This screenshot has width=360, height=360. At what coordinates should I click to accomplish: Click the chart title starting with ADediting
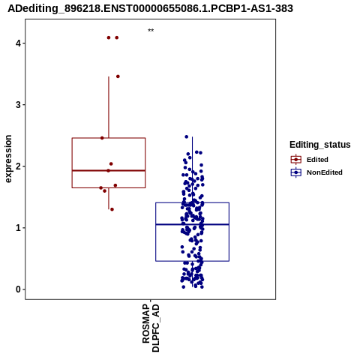point(150,9)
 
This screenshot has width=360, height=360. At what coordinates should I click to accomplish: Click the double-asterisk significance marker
point(151,31)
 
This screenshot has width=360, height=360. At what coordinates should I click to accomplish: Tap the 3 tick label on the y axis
point(18,105)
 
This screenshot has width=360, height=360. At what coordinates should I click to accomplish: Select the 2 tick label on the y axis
point(18,166)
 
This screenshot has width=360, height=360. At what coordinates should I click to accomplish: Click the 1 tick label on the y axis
point(18,228)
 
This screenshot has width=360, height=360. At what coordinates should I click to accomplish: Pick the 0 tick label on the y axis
point(18,289)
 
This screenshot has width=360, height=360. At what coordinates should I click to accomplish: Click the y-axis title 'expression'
point(8,159)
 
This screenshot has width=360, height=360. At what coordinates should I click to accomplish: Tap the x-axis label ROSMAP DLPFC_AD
point(151,328)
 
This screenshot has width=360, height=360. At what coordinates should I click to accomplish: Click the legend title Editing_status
point(320,145)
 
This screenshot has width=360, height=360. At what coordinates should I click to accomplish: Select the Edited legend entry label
point(317,160)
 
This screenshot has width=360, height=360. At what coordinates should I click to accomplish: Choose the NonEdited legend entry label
point(325,172)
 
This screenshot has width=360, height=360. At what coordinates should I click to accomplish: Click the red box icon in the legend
point(296,160)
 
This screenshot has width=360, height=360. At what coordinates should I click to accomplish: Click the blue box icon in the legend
point(296,172)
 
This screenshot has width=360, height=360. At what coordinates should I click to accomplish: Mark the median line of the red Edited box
point(109,170)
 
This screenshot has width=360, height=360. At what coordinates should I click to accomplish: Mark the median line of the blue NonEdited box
point(192,224)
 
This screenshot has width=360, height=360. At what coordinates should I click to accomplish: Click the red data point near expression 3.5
point(118,76)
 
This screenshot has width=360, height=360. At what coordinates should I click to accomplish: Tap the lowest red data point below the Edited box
point(112,209)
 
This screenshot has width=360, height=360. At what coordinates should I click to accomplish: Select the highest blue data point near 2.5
point(186,136)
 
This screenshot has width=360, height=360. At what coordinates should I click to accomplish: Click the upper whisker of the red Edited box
point(109,107)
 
